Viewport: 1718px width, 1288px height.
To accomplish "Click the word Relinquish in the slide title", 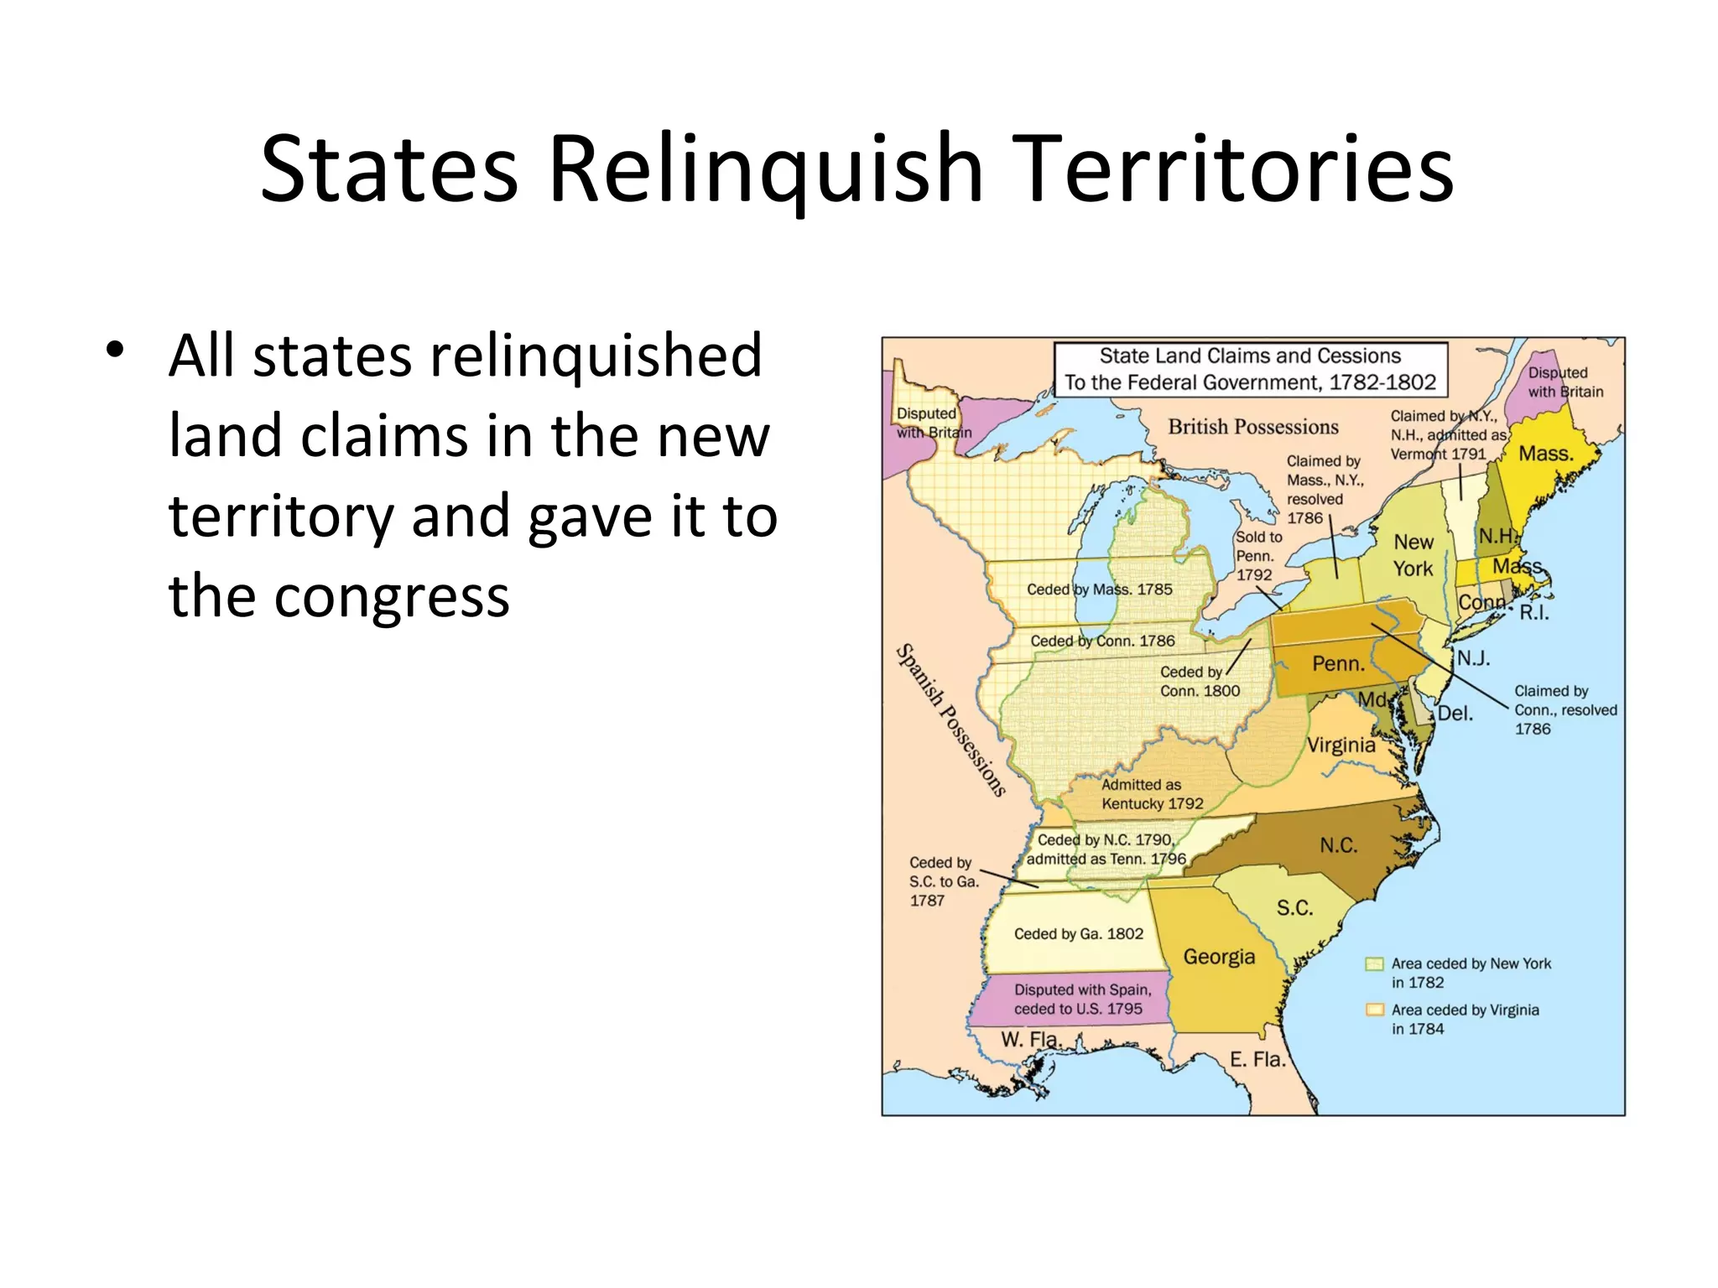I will click(x=765, y=169).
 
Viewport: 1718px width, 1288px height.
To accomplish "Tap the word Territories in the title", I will click(x=1236, y=169).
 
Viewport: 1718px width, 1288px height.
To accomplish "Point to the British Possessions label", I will click(x=1252, y=427).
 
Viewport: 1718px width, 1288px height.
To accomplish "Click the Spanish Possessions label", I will click(x=951, y=719).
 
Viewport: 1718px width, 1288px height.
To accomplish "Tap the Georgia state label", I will click(x=1219, y=957).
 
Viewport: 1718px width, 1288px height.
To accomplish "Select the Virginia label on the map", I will click(x=1341, y=745).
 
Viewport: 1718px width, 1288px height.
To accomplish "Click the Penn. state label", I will click(x=1338, y=664).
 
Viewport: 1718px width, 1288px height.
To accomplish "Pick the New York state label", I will click(x=1413, y=555).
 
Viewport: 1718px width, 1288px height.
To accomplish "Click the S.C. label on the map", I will click(x=1294, y=908).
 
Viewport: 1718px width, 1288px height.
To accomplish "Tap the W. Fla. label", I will click(x=1031, y=1040).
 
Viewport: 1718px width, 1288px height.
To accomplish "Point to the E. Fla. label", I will click(x=1257, y=1060).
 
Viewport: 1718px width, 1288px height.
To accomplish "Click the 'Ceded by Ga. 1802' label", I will click(x=1078, y=934).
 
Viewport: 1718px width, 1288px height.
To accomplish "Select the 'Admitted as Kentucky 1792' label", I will click(x=1152, y=794).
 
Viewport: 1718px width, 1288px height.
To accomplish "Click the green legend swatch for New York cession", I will click(x=1374, y=963).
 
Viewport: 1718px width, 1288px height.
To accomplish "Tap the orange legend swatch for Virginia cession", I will click(x=1374, y=1010).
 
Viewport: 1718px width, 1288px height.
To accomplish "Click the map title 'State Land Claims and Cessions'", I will click(x=1250, y=356).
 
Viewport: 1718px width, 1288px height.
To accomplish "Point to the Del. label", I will click(x=1455, y=714).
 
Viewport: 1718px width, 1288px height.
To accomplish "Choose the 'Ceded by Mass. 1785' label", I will click(x=1099, y=589).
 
